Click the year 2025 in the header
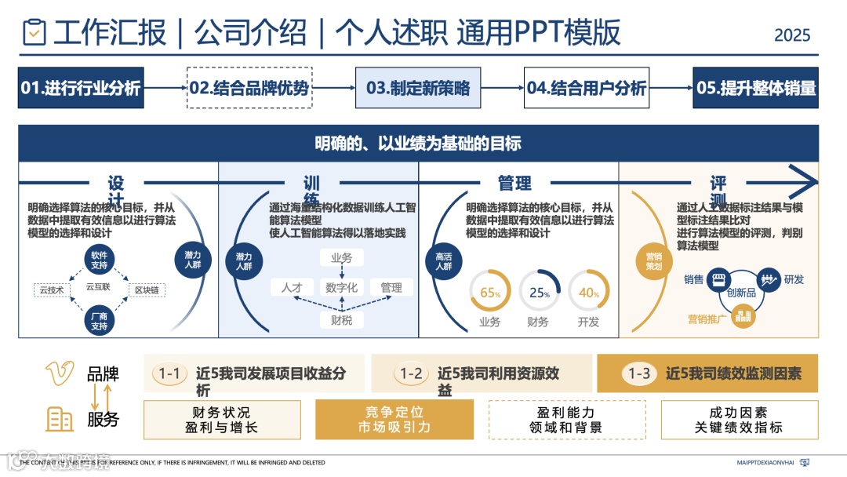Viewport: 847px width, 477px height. coord(792,35)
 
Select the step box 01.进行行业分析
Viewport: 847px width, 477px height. coord(81,88)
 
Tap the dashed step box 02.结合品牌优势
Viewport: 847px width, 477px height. coord(249,88)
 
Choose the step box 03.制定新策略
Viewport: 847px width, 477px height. coord(418,88)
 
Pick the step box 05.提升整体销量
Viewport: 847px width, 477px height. coord(756,88)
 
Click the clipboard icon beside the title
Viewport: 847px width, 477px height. coord(35,33)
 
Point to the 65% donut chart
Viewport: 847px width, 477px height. coord(490,292)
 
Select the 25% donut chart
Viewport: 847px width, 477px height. coord(539,292)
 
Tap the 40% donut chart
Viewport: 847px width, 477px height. coord(588,292)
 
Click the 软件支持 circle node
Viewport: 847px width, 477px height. coord(99,261)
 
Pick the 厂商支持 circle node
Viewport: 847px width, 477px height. coord(99,320)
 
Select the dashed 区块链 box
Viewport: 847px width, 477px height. coord(147,290)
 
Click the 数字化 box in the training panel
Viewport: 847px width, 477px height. coord(342,288)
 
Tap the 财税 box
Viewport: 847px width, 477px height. coord(342,320)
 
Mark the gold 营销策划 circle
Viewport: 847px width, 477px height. coord(654,261)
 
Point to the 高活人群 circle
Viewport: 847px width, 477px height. coord(444,261)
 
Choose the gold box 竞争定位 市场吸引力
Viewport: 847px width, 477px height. coord(394,420)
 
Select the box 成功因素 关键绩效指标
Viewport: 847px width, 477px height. coord(739,420)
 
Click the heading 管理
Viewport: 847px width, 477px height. coord(514,184)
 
